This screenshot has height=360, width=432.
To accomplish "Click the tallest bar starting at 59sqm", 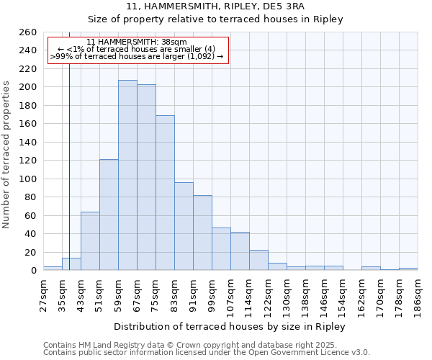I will (x=127, y=175).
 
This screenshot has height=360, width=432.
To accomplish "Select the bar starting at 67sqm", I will (x=146, y=177).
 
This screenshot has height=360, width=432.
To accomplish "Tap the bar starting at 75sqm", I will (x=165, y=193).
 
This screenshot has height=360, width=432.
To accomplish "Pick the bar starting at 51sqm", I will (x=109, y=215).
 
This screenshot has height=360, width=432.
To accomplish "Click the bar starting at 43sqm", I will (x=90, y=241).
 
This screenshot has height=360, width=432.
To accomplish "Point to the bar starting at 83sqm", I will (x=184, y=226).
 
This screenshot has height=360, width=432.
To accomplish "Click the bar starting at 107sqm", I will (x=240, y=251).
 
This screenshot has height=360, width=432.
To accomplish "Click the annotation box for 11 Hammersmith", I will (x=137, y=49).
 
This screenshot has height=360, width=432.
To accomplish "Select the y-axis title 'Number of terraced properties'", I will (x=6, y=154).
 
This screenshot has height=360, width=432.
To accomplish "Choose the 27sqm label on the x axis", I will (x=43, y=294).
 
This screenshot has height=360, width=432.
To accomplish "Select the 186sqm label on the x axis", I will (x=418, y=294).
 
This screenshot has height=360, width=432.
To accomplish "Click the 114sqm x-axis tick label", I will (x=249, y=294).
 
